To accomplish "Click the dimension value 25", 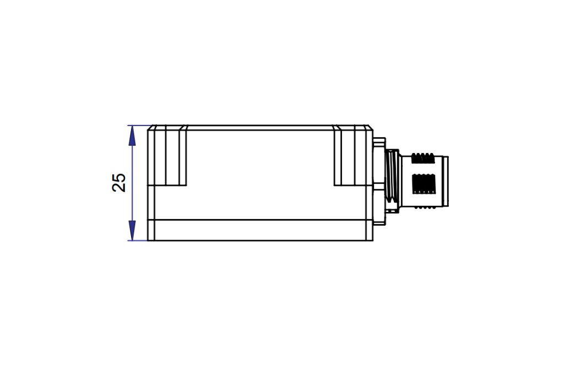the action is pos(119,183).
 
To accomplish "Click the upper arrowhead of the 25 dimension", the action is pos(132,135).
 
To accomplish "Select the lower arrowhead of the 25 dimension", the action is pos(132,231).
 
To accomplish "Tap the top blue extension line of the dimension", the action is pos(138,126).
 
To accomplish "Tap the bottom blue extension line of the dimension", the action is pos(138,241).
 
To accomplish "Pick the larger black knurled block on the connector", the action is pos(424,184).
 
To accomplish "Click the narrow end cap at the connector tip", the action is pos(445,182).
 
